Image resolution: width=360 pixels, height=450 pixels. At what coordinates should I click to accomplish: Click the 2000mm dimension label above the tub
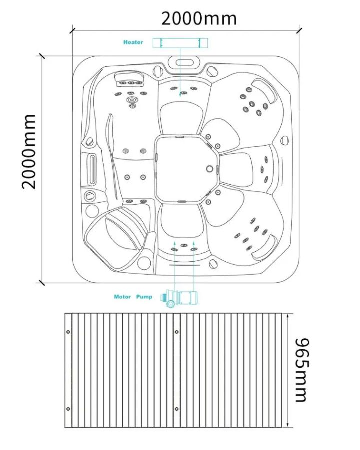pos(199,19)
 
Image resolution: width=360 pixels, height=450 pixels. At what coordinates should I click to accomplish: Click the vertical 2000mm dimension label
pos(29,152)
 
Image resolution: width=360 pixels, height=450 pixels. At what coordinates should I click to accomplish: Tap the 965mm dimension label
pos(302,370)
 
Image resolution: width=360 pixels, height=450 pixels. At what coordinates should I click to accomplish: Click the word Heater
pos(133,42)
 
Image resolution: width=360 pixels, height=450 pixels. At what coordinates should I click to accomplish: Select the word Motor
pos(122,297)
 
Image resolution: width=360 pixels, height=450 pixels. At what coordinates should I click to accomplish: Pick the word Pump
pos(144,297)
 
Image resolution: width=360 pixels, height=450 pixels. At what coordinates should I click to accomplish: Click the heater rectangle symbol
pos(180,43)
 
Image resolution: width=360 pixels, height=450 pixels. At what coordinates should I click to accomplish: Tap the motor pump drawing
pos(179,299)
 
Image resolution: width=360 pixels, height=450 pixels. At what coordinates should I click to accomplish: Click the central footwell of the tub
pos(186,169)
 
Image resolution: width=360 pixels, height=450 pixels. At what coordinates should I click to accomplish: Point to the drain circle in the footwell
pos(210,169)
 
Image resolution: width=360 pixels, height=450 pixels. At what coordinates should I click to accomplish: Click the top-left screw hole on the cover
pos(68,332)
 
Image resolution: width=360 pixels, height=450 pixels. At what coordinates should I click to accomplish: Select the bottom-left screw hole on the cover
pos(68,409)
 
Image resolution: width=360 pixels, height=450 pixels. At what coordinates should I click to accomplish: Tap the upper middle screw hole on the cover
pos(177,332)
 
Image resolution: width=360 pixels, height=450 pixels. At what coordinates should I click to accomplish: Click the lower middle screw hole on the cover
pos(177,409)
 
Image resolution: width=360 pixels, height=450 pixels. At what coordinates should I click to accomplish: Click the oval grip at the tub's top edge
pos(184,63)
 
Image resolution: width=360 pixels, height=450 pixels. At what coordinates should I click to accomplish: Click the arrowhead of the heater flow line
pos(180,95)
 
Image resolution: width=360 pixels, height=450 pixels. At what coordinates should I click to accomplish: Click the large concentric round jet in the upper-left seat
pos(132,100)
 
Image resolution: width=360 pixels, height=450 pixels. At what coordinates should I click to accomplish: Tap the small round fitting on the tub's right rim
pos(284,140)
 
